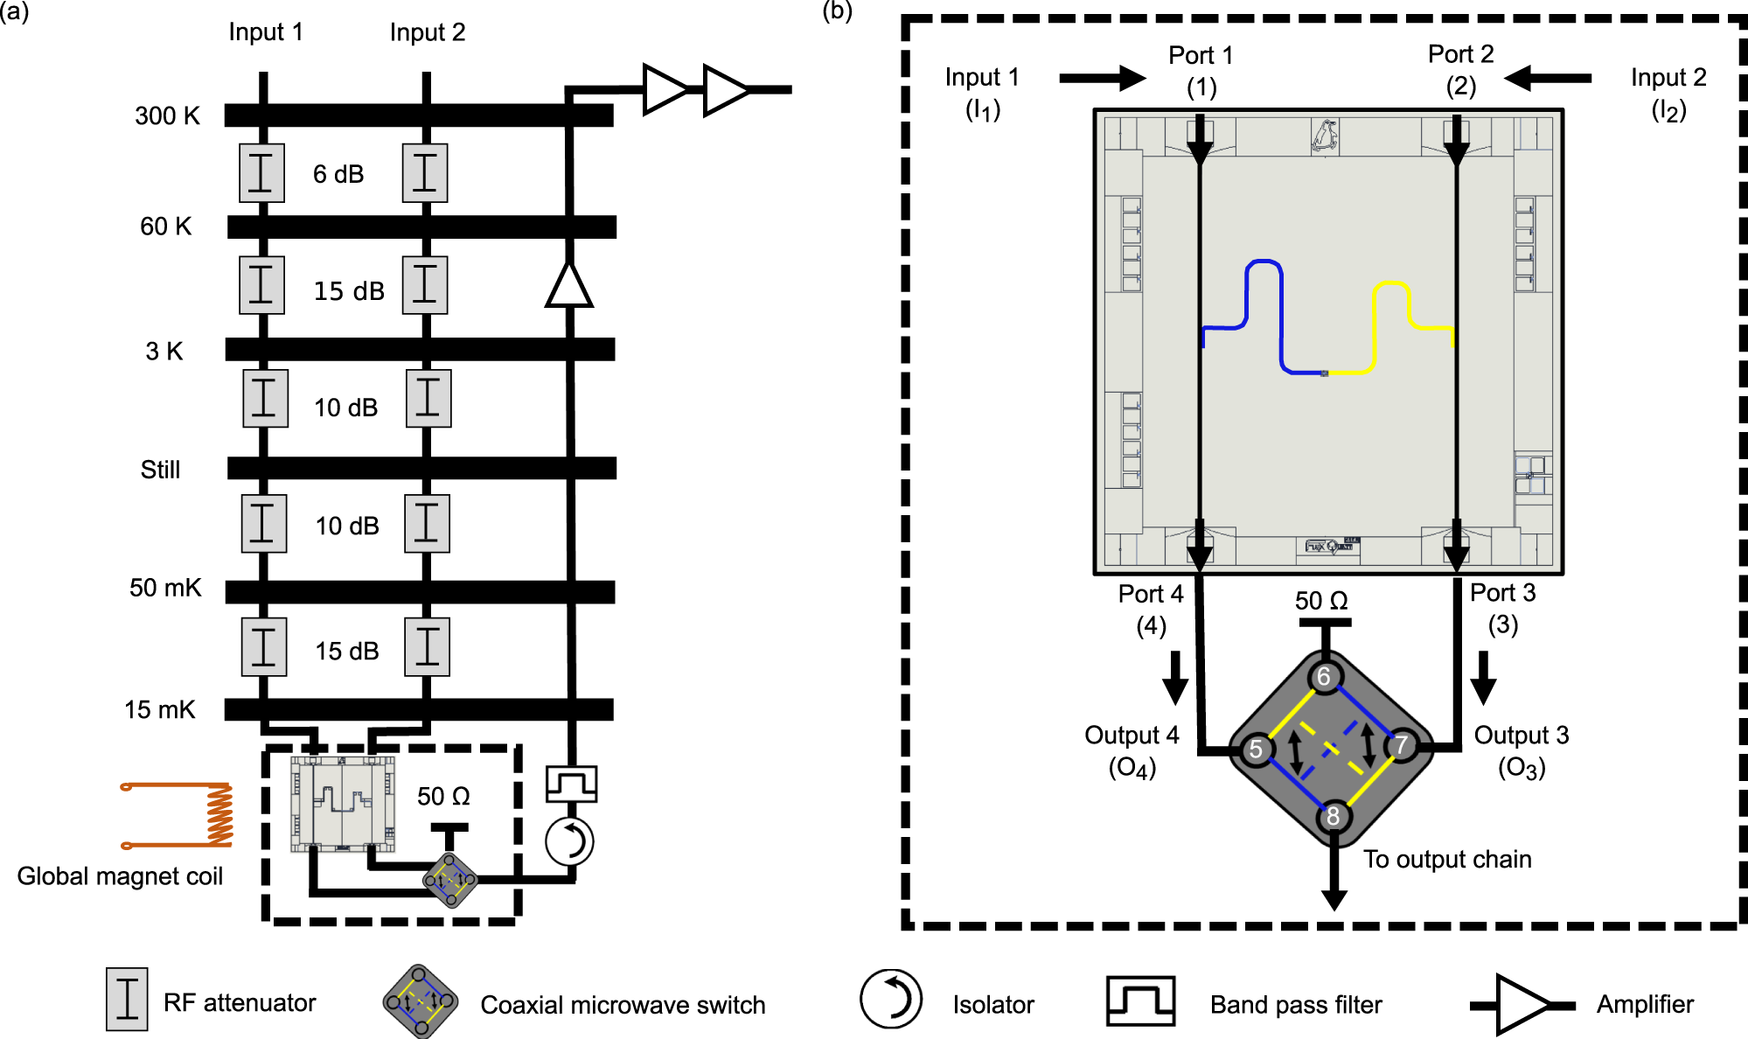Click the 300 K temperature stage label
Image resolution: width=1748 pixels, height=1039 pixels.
coord(167,115)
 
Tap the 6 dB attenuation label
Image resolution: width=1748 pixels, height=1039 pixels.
coord(338,174)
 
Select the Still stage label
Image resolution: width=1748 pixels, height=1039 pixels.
coord(160,470)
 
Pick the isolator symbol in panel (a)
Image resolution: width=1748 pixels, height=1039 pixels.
coord(569,841)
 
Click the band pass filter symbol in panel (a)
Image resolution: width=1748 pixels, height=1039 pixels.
coord(571,784)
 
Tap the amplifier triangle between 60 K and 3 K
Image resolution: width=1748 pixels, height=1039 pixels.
coord(569,286)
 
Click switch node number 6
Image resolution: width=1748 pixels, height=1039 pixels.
coord(1324,676)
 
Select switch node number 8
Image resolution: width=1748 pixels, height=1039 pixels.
coord(1333,816)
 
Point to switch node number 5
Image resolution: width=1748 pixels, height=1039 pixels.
coord(1256,749)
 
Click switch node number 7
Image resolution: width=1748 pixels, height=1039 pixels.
coord(1402,744)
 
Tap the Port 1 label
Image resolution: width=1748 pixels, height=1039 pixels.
coord(1201,56)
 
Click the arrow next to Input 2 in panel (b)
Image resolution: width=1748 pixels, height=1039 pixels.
coord(1547,78)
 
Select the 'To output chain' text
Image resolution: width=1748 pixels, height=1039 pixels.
coord(1447,859)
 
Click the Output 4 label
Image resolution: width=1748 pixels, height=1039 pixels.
coord(1132,735)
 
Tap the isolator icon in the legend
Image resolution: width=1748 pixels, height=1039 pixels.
coord(890,999)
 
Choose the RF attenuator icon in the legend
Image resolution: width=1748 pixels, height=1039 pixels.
coord(127,999)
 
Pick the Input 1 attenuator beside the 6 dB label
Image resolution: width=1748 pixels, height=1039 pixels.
coord(261,172)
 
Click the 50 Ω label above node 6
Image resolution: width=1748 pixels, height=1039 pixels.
coord(1320,601)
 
